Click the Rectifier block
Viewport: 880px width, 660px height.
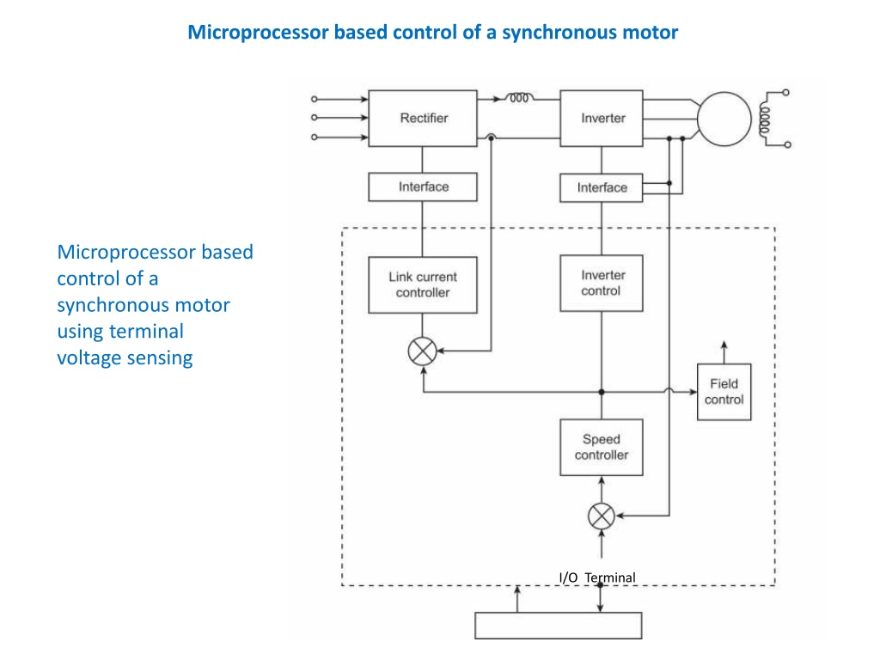pyautogui.click(x=423, y=119)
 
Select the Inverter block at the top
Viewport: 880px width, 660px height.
pyautogui.click(x=602, y=119)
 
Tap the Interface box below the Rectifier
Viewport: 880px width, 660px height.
pyautogui.click(x=423, y=186)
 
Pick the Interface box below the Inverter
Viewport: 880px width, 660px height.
pyautogui.click(x=602, y=187)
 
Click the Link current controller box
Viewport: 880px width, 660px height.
pyautogui.click(x=423, y=284)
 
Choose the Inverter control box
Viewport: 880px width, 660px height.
pyautogui.click(x=601, y=284)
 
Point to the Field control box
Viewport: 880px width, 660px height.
pyautogui.click(x=724, y=392)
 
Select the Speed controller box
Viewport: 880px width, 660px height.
pyautogui.click(x=601, y=447)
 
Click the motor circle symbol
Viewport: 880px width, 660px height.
pyautogui.click(x=724, y=119)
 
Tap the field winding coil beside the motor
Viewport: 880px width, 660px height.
pyautogui.click(x=764, y=119)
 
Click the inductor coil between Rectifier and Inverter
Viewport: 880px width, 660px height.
pyautogui.click(x=519, y=98)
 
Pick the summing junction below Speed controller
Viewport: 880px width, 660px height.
pyautogui.click(x=601, y=516)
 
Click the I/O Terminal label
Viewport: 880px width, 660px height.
pyautogui.click(x=597, y=577)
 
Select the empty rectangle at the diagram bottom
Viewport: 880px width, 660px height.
pyautogui.click(x=559, y=626)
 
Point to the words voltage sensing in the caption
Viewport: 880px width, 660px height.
pyautogui.click(x=125, y=358)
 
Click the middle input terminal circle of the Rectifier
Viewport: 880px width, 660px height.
pyautogui.click(x=315, y=118)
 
